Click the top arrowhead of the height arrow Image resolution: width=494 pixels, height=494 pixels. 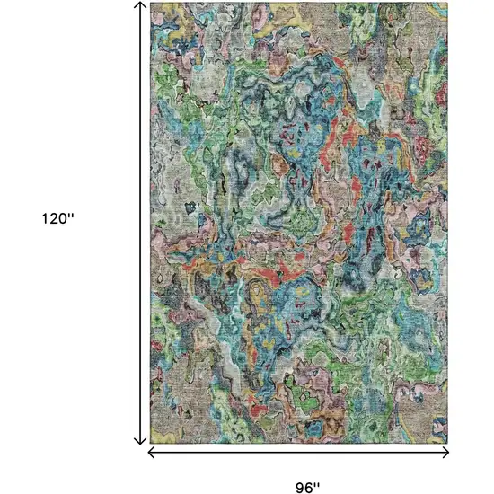[x=140, y=6]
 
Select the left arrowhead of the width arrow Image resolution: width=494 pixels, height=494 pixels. [x=152, y=452]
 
